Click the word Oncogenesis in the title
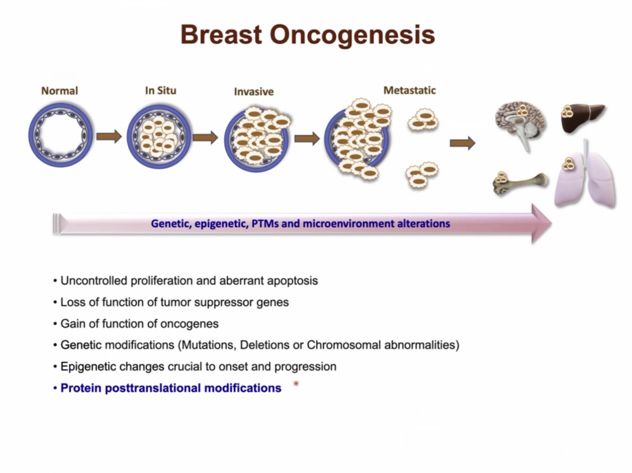click(352, 35)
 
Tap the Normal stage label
click(60, 91)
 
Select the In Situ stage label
click(161, 90)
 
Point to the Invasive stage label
click(254, 91)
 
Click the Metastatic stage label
click(410, 90)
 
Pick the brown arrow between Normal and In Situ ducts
click(109, 136)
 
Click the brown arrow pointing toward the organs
click(463, 143)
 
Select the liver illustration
click(583, 117)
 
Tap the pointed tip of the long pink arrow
click(551, 224)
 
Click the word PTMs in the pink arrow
click(265, 224)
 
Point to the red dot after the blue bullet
click(296, 383)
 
